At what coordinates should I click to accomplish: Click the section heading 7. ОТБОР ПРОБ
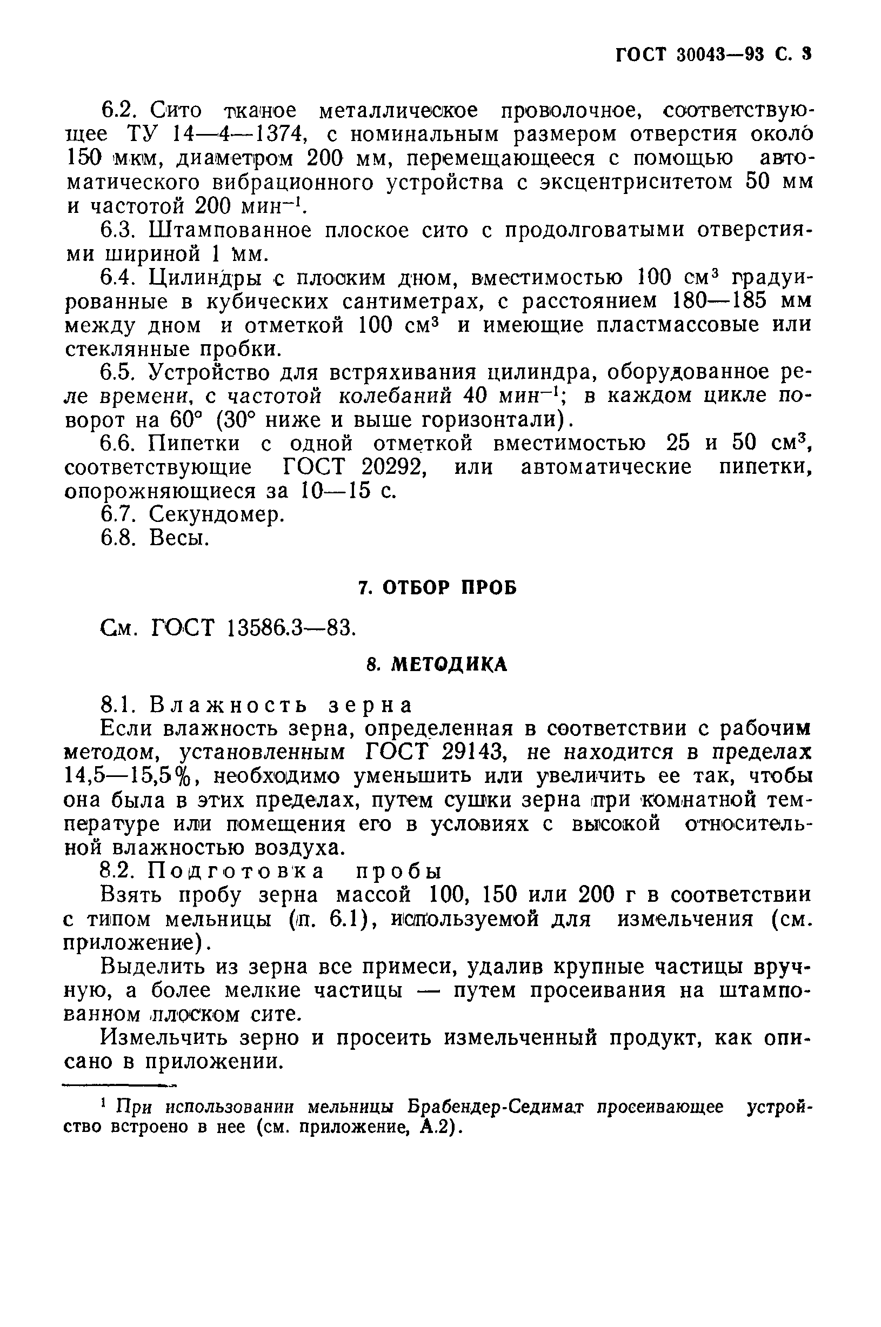point(437,587)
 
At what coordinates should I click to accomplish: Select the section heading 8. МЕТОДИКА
point(437,665)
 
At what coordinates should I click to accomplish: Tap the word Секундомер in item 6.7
point(217,514)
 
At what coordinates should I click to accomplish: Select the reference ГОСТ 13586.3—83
point(253,627)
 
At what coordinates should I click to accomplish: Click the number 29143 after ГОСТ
point(477,752)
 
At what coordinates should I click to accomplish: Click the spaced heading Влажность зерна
point(281,705)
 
